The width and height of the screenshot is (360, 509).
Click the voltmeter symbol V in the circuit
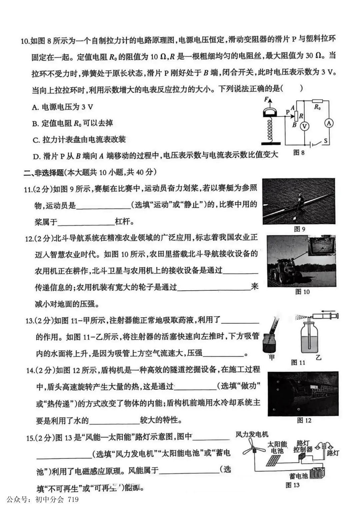click(304, 126)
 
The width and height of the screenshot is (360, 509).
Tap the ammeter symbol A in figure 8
click(329, 123)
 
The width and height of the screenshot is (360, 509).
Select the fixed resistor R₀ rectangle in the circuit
click(317, 100)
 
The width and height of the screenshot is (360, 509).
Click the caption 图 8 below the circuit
click(299, 153)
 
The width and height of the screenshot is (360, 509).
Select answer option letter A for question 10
click(36, 107)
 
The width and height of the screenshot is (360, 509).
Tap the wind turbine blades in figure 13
click(252, 447)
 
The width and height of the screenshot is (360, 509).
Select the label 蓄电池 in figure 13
click(298, 476)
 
